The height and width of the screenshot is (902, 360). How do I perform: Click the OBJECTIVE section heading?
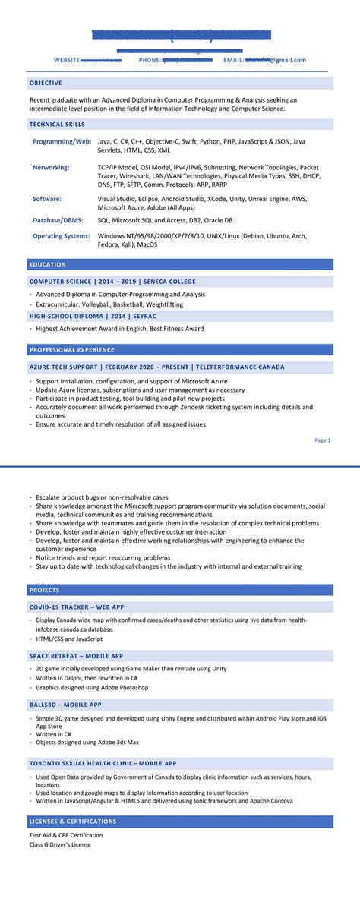tap(46, 83)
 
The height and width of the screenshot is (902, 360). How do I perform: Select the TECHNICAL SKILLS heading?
tap(57, 124)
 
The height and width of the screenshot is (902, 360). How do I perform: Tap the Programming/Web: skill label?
tap(62, 141)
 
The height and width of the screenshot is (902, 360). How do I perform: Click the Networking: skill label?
tap(51, 167)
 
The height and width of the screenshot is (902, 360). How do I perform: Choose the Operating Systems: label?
tap(62, 236)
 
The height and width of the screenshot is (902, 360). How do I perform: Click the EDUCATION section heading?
tap(48, 264)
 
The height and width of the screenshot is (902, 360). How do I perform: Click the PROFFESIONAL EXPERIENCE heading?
tap(72, 350)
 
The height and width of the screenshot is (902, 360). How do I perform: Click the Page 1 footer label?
tap(323, 440)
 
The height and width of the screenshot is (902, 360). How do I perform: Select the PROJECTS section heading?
tap(45, 590)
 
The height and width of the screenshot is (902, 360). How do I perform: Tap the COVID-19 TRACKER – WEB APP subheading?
tap(77, 607)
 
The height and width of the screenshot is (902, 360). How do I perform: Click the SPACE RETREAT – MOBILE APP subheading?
tap(76, 656)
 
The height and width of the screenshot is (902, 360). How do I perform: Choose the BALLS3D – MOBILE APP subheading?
tap(65, 705)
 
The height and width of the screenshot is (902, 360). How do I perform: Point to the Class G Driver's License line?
tap(60, 844)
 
